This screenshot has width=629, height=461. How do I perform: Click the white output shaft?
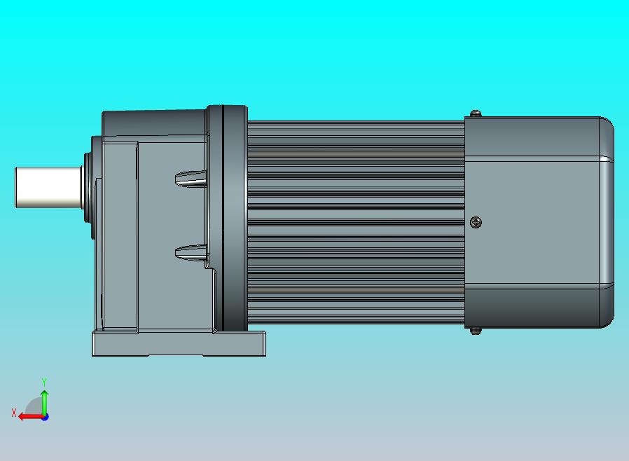(48, 187)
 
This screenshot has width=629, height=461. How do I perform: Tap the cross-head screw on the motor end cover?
(476, 222)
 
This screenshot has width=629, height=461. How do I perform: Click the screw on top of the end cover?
(476, 113)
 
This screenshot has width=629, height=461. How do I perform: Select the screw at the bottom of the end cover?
(476, 331)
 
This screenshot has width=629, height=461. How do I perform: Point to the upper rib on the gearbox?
(191, 179)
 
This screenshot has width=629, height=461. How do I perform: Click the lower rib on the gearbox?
(191, 253)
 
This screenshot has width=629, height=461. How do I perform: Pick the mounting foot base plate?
(179, 343)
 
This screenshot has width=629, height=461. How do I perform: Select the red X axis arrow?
(32, 417)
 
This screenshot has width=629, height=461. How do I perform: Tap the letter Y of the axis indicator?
(44, 382)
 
